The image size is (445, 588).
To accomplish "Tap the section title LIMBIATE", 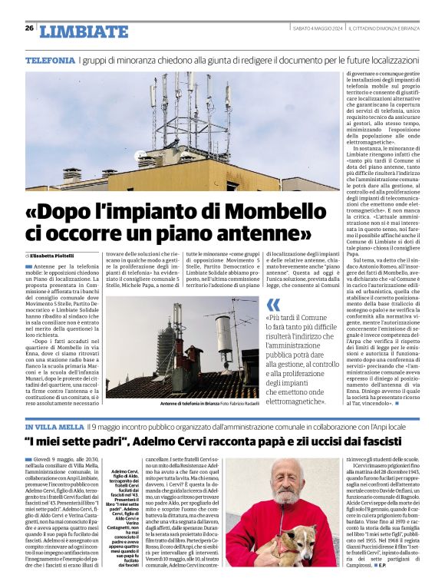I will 84,31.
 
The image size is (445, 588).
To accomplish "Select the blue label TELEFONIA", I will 50,60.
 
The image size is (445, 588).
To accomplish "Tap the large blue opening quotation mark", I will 273,305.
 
